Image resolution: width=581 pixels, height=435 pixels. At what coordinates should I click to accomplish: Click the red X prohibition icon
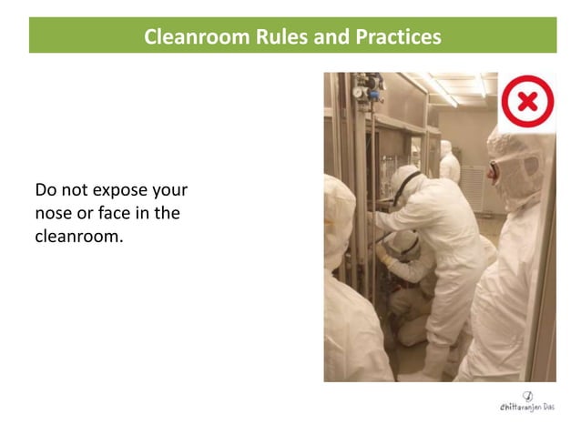(x=527, y=101)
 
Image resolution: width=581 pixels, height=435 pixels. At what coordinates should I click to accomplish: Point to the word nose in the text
(x=55, y=214)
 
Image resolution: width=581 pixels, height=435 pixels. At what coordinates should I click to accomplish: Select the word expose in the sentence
(x=122, y=191)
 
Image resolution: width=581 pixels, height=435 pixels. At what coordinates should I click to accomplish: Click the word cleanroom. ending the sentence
(x=78, y=237)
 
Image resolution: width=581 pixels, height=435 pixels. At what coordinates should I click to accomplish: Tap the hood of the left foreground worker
(x=337, y=209)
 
